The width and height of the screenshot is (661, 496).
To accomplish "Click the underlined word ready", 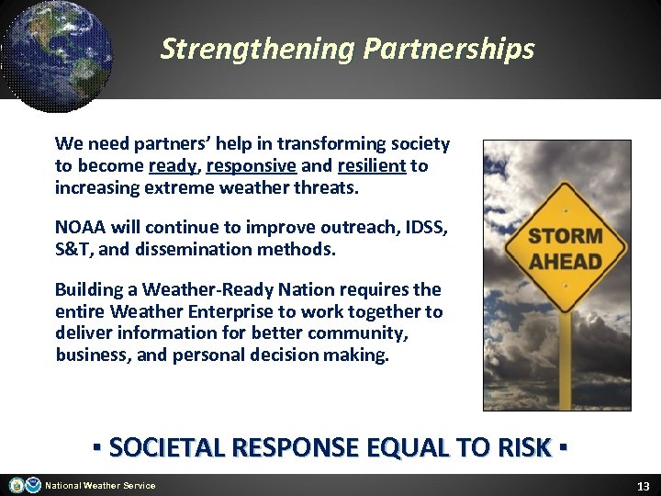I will pyautogui.click(x=173, y=167).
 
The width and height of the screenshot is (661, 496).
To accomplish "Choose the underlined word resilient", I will pyautogui.click(x=371, y=167).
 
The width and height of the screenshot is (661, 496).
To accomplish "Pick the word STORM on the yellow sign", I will pyautogui.click(x=566, y=237).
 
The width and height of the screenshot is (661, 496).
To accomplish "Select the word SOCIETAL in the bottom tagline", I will pyautogui.click(x=169, y=448).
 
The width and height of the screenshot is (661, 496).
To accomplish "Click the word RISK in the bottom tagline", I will pyautogui.click(x=523, y=448).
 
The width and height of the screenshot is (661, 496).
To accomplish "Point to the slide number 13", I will pyautogui.click(x=643, y=485).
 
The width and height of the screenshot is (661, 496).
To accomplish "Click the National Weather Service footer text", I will pyautogui.click(x=100, y=486).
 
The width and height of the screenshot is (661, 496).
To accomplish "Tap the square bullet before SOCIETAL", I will pyautogui.click(x=96, y=448).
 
